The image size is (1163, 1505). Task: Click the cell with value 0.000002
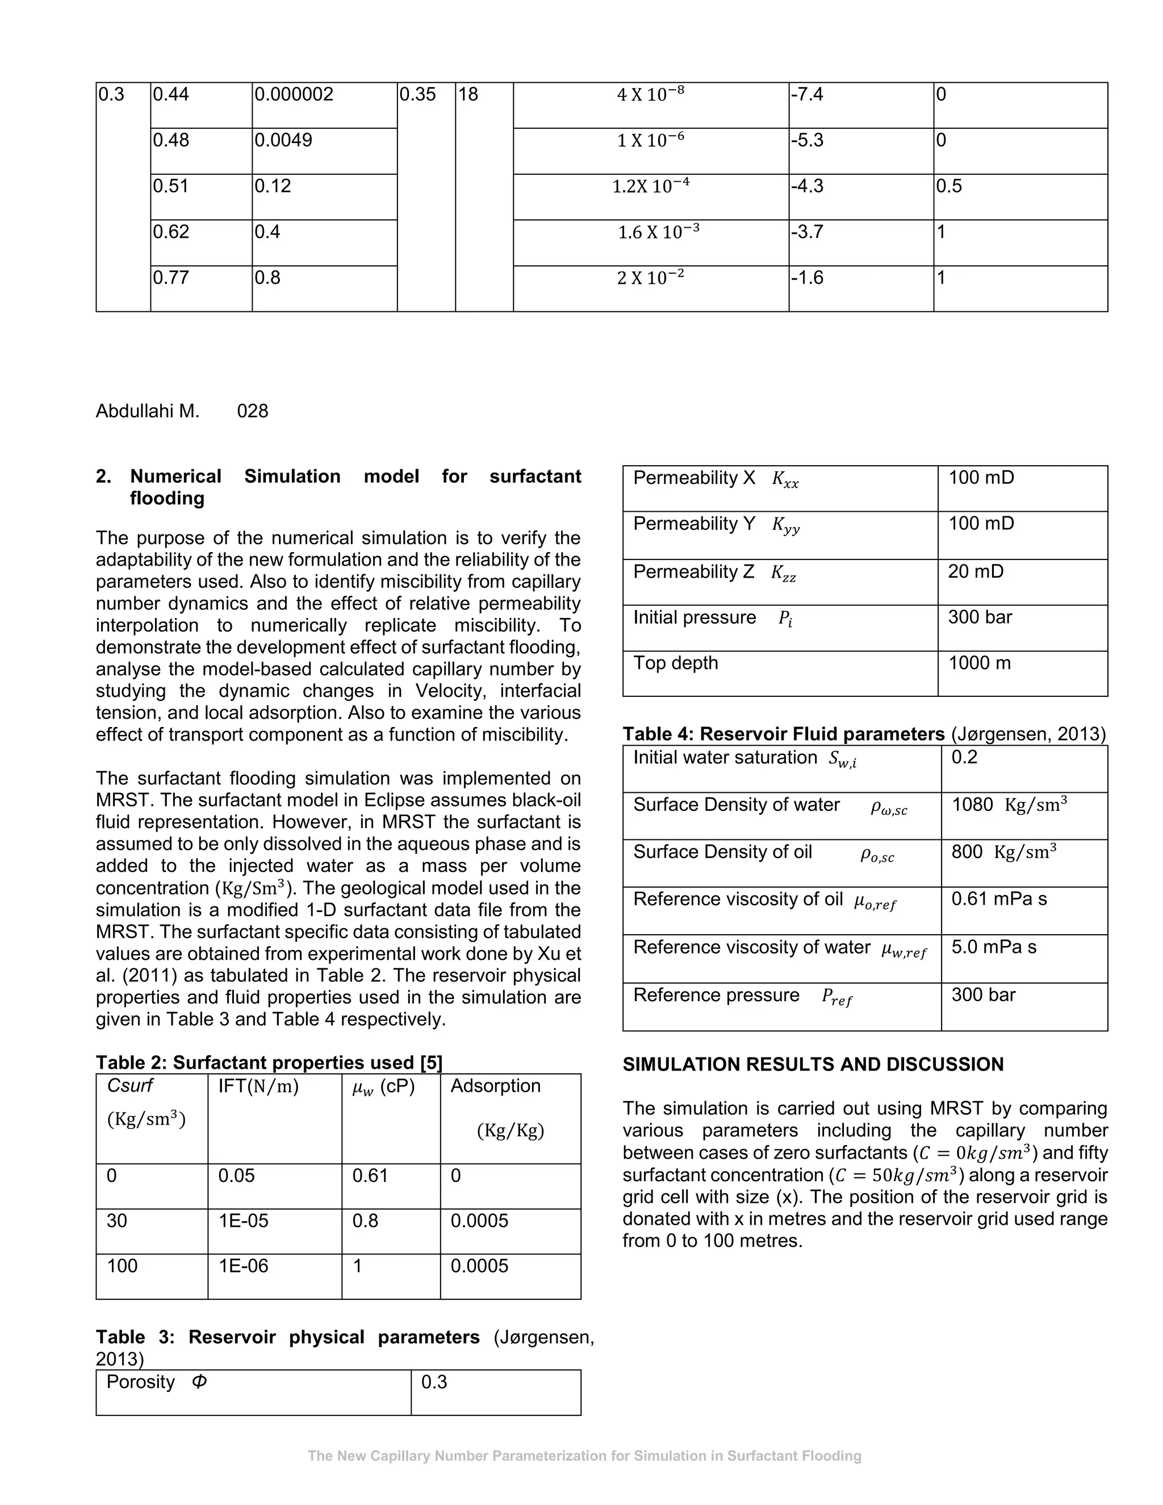pyautogui.click(x=294, y=94)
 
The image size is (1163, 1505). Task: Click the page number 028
pyautogui.click(x=252, y=411)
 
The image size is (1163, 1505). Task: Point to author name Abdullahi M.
pyautogui.click(x=148, y=411)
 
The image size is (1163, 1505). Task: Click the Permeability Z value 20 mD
pyautogui.click(x=976, y=571)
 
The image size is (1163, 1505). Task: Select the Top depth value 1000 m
pyautogui.click(x=979, y=663)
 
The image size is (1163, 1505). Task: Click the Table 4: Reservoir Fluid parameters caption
pyautogui.click(x=783, y=734)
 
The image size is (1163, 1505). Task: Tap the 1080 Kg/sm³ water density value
pyautogui.click(x=1009, y=805)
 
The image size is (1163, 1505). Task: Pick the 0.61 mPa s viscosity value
pyautogui.click(x=998, y=899)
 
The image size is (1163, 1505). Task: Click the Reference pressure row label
pyautogui.click(x=716, y=995)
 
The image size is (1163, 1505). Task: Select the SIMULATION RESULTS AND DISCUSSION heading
pyautogui.click(x=813, y=1065)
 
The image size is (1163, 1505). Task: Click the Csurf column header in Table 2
pyautogui.click(x=129, y=1086)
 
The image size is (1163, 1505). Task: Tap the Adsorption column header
pyautogui.click(x=495, y=1086)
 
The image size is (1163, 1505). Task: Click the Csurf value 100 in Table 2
pyautogui.click(x=122, y=1266)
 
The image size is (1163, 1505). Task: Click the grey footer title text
pyautogui.click(x=584, y=1456)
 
